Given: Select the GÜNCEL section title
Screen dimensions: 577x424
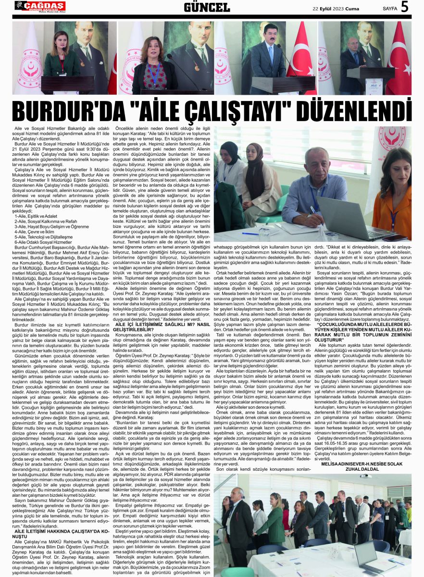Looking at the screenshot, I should pyautogui.click(x=207, y=7).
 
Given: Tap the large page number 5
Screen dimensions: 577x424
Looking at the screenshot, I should pyautogui.click(x=404, y=7).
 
